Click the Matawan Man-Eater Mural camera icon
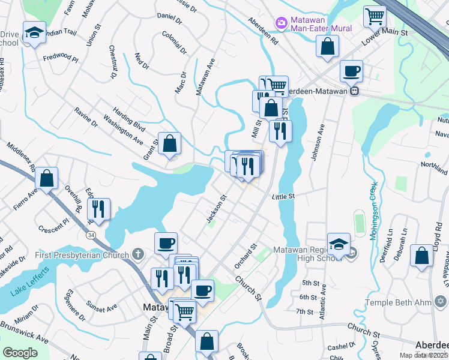click(280, 22)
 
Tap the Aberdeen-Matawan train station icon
click(355, 91)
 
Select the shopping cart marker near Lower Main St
click(375, 16)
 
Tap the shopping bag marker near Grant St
click(170, 143)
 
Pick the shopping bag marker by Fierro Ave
click(46, 178)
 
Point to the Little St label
click(283, 196)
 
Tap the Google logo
click(20, 353)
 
